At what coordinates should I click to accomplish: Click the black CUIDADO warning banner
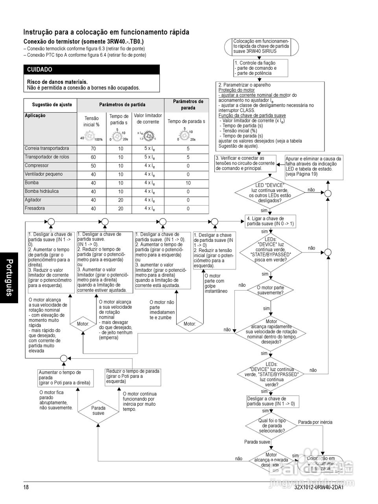91,70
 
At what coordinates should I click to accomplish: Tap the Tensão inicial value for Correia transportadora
93,149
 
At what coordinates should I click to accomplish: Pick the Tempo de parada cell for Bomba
188,183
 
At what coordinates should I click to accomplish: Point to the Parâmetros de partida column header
122,105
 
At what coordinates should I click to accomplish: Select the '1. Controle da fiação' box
261,68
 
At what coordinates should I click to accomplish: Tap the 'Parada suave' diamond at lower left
98,411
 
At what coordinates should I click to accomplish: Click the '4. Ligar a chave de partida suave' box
271,221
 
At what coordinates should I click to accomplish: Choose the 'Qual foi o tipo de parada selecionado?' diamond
272,426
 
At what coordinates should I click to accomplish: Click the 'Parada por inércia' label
315,422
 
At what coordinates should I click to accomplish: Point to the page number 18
26,487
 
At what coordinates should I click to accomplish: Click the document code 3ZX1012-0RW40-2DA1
319,487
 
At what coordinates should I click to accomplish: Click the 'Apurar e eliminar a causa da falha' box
313,166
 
